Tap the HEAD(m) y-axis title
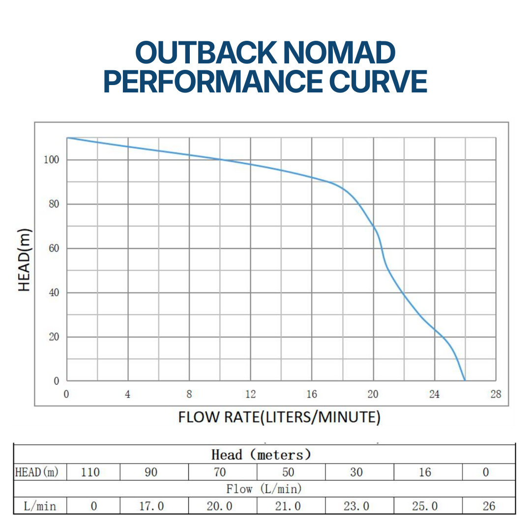pos(25,260)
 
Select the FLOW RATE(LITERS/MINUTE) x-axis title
pos(279,417)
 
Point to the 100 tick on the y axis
pos(53,160)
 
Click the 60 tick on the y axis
pos(53,248)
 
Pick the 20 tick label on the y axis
pos(53,337)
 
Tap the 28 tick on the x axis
pos(496,394)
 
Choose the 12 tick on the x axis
pos(250,394)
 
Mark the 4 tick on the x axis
pos(128,394)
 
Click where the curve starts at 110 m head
pos(67,138)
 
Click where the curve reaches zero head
pos(465,381)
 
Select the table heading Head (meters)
pos(261,455)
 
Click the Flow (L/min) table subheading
pos(264,489)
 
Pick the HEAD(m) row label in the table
pos(37,472)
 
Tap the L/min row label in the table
pos(40,506)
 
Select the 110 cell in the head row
pos(90,472)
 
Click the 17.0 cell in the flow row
pos(151,506)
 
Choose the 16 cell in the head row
pos(425,472)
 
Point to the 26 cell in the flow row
pos(489,506)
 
